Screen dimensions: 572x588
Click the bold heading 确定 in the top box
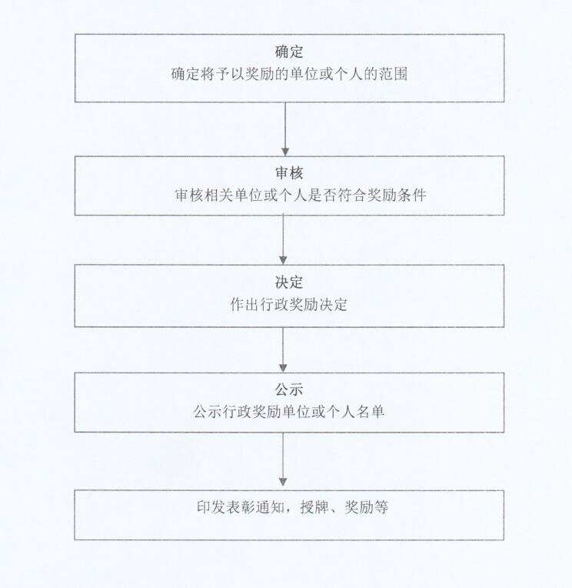click(289, 52)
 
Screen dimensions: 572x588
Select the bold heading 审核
click(289, 173)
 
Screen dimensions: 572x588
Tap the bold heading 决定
click(289, 282)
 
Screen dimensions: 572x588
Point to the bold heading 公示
click(289, 389)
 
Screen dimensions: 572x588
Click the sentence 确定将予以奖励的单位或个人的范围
click(289, 74)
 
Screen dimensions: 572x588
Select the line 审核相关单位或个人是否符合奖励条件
click(301, 195)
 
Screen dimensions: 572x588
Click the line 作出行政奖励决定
click(289, 305)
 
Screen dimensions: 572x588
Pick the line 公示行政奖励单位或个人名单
click(289, 412)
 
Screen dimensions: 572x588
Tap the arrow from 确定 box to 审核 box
click(285, 129)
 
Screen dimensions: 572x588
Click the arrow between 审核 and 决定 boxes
click(283, 239)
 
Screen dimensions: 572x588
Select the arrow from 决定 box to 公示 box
click(283, 349)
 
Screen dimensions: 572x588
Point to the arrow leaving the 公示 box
click(283, 459)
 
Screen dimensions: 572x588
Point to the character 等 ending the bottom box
click(381, 507)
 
